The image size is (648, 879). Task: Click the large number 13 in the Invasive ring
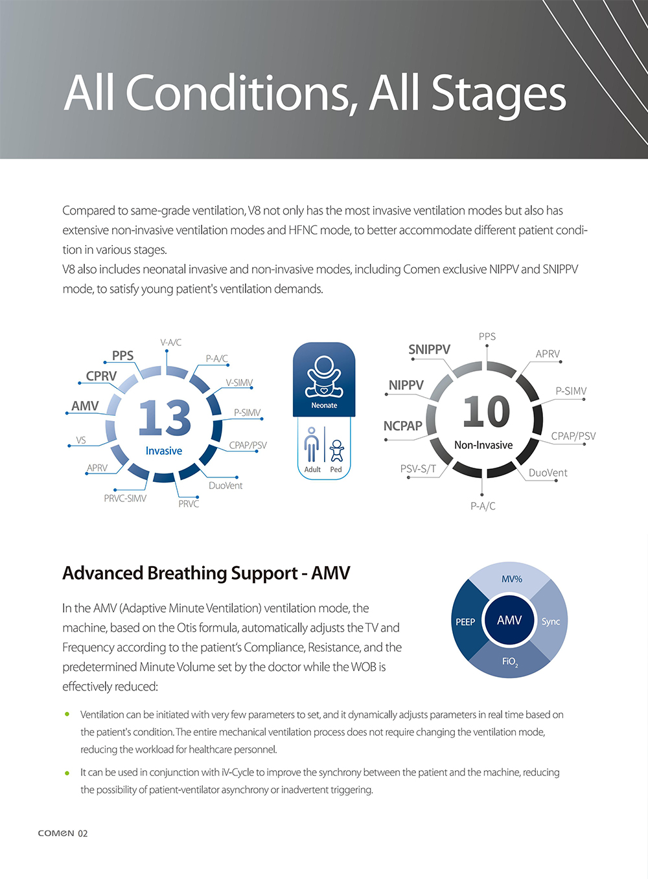click(x=165, y=417)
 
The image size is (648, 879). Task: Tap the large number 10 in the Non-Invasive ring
click(x=486, y=412)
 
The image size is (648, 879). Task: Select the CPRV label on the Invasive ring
click(x=102, y=376)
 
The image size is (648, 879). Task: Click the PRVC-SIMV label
click(x=125, y=498)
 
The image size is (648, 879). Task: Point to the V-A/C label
click(x=171, y=342)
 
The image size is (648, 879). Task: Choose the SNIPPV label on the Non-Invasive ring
click(x=429, y=350)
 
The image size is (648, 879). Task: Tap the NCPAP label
click(x=402, y=426)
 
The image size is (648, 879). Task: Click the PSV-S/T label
click(x=418, y=469)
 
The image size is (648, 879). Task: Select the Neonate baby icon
click(x=324, y=376)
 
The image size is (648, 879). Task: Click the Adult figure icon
click(x=312, y=446)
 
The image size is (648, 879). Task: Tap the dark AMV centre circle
click(x=509, y=621)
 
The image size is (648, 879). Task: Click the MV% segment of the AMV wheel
click(x=511, y=579)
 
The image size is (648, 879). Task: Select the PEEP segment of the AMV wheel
click(x=465, y=622)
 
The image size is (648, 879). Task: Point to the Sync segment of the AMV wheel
click(x=551, y=622)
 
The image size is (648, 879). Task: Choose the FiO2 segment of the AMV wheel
click(x=510, y=662)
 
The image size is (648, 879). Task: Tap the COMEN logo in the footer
click(x=56, y=833)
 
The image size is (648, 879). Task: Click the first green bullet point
click(x=67, y=714)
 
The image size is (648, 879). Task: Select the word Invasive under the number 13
click(x=164, y=451)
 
